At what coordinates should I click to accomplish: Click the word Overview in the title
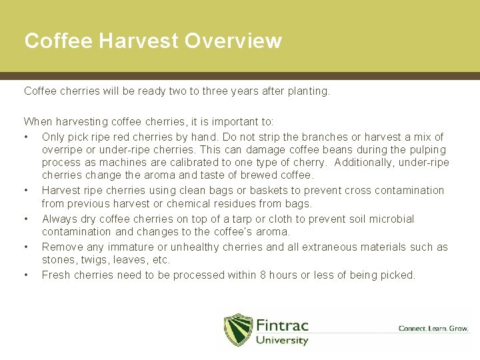point(233,41)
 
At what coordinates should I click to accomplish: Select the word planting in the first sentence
point(308,91)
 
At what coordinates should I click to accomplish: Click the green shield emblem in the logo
point(238,330)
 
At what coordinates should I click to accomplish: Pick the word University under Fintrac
point(282,341)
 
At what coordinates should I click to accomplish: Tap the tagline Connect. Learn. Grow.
point(433,328)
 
